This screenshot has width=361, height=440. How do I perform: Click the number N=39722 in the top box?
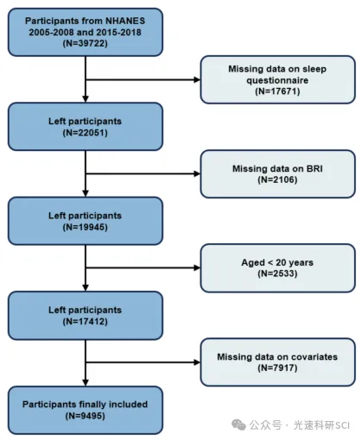[85, 43]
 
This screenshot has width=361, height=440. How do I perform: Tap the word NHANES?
[125, 21]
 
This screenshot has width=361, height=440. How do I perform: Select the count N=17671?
[277, 91]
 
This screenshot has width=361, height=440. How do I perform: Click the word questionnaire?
[277, 80]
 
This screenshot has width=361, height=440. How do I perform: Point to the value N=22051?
[85, 133]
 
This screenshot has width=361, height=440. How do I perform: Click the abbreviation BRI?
[314, 168]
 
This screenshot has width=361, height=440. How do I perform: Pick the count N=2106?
[277, 179]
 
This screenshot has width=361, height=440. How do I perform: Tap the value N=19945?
[85, 227]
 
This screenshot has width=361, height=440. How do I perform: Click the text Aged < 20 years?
[277, 262]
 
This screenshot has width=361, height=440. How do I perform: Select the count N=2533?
[277, 273]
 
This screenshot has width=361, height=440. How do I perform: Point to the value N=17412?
[85, 322]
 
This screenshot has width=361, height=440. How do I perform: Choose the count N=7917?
[277, 368]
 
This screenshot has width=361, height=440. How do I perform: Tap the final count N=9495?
[85, 416]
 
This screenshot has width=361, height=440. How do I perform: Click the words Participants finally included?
[85, 405]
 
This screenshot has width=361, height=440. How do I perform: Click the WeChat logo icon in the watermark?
[238, 424]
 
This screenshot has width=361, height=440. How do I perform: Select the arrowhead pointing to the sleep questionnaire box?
[197, 79]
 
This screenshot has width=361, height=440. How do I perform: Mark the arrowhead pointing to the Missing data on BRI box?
[197, 173]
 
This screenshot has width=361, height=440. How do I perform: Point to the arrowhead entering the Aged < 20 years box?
[197, 267]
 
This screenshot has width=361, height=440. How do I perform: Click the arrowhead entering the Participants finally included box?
[85, 383]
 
